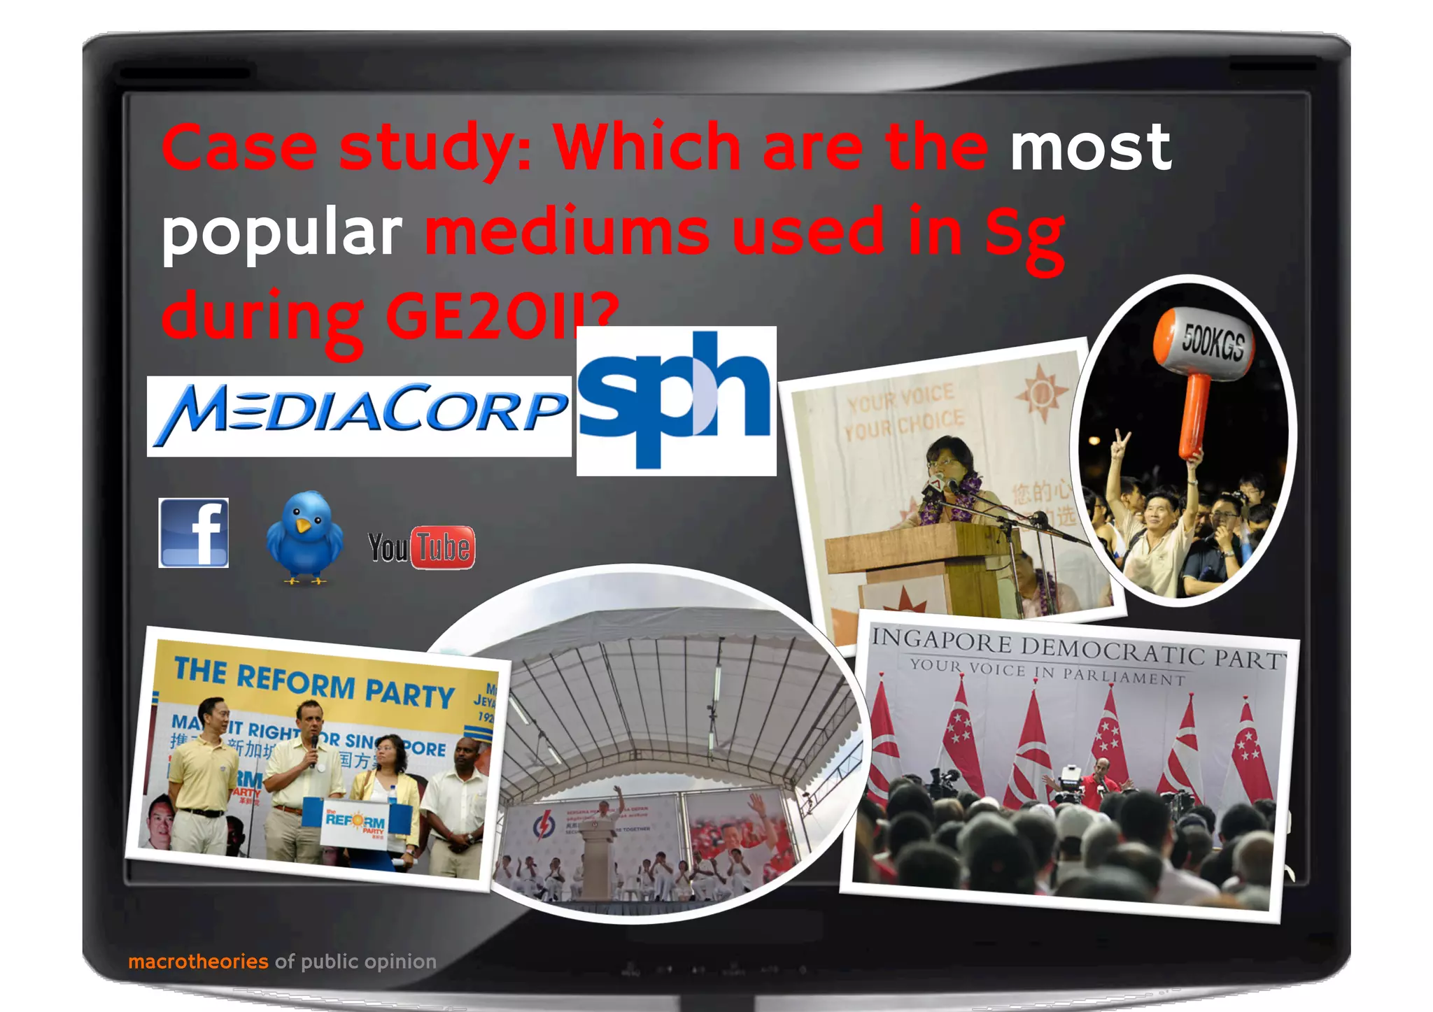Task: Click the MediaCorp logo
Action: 359,415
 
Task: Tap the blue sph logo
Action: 676,400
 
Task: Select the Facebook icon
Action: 194,533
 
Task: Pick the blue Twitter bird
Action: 304,536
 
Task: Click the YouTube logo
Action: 421,547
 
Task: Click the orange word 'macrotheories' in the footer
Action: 198,962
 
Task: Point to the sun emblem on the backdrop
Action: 1041,394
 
